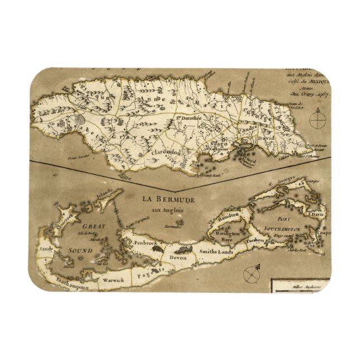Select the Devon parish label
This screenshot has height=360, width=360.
[178, 257]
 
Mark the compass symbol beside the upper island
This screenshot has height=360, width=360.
[318, 119]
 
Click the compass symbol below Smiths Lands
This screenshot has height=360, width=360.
[250, 274]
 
